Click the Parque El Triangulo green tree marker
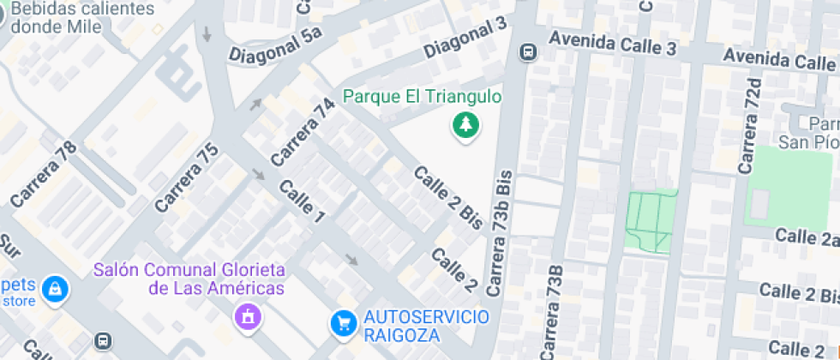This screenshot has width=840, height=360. coord(465,126)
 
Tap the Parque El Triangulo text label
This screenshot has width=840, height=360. coord(423,97)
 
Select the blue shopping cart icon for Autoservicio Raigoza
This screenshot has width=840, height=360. coord(344,323)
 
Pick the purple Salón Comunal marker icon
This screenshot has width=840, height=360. coord(247,316)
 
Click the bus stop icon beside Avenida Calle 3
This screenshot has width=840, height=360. coord(528,52)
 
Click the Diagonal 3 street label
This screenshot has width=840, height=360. coord(465,37)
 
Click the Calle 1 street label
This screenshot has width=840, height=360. coord(302,202)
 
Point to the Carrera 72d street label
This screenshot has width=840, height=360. coord(751,125)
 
